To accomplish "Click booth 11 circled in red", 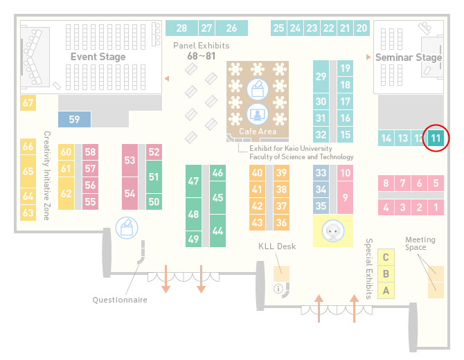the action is click(436, 138).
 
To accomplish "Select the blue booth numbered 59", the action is click(74, 119).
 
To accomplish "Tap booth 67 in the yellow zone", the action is click(28, 102).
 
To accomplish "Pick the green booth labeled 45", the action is click(217, 197).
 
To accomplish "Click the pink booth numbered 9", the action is click(345, 197).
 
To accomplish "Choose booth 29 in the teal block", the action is click(321, 77).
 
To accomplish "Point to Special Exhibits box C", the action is click(386, 257).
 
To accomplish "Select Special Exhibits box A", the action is click(386, 291).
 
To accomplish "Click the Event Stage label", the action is click(98, 57).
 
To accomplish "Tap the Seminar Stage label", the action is click(409, 57).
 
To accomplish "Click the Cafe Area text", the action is click(258, 132).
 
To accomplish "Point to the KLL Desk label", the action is click(277, 246).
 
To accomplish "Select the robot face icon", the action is click(333, 231).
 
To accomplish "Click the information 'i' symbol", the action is click(278, 289).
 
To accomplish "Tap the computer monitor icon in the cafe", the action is click(258, 114).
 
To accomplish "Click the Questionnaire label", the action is click(120, 300).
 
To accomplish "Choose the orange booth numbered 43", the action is click(257, 222).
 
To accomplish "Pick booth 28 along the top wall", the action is click(181, 28).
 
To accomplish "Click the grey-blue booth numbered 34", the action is click(321, 189).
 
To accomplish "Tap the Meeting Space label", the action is click(420, 243).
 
